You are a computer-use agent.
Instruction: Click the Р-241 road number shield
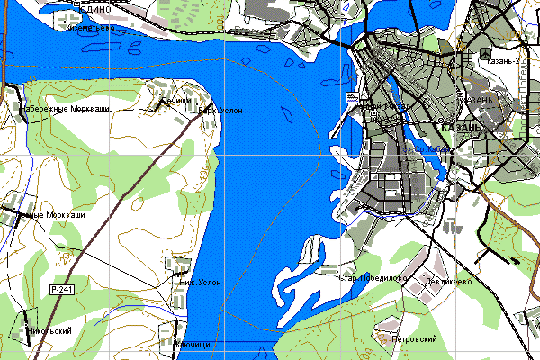pyautogui.click(x=61, y=289)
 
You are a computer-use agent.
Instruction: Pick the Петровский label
pyautogui.click(x=415, y=339)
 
